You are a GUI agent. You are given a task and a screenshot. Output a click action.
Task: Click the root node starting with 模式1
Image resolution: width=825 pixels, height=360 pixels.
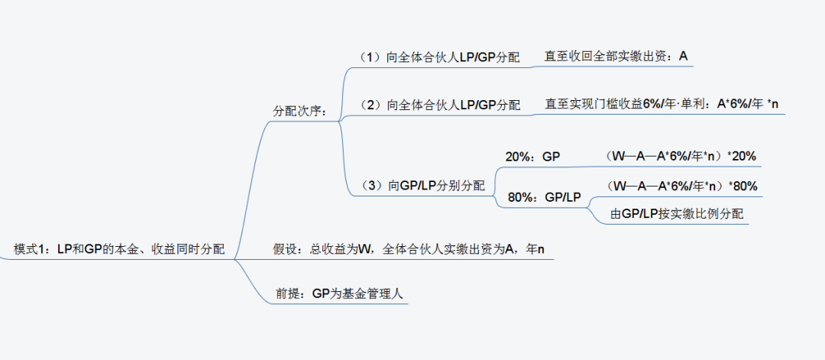click(x=119, y=248)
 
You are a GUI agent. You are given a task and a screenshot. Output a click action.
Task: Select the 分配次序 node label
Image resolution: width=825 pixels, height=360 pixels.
click(x=300, y=111)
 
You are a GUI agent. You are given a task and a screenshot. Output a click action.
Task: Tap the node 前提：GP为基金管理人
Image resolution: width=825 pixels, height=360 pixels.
click(x=341, y=294)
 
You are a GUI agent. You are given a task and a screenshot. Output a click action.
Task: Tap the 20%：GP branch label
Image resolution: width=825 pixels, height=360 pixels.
click(x=532, y=157)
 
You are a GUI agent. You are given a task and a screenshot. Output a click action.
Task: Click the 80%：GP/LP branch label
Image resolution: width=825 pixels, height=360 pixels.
click(x=544, y=197)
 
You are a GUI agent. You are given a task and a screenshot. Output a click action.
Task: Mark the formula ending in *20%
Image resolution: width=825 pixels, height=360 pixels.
click(x=680, y=156)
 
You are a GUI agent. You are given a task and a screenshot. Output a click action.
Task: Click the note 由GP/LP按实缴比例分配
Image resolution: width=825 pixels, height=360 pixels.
click(x=677, y=213)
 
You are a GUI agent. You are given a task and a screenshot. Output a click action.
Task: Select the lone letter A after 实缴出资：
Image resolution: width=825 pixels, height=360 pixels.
click(x=683, y=56)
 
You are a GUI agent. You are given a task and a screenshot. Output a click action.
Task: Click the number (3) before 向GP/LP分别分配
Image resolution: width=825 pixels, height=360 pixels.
click(x=374, y=185)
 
